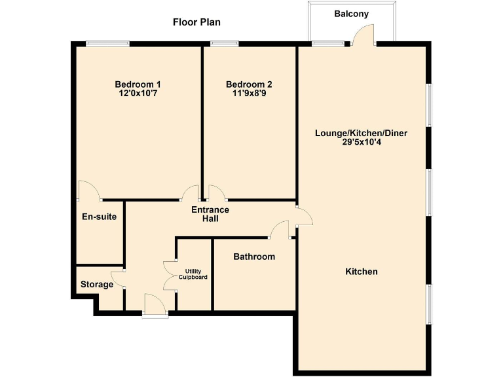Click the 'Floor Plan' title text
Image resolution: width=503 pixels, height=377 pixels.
click(x=196, y=22)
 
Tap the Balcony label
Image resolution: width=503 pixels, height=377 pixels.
click(x=352, y=14)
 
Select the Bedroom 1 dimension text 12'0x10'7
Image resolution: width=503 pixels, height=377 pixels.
click(x=138, y=94)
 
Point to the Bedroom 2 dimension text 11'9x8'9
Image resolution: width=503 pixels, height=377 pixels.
click(x=249, y=94)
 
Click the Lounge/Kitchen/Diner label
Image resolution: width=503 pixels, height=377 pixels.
click(x=362, y=133)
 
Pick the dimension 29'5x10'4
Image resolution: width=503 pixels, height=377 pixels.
click(x=362, y=142)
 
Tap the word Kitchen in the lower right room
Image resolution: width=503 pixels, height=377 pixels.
click(x=362, y=271)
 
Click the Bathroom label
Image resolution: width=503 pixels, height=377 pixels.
click(x=254, y=257)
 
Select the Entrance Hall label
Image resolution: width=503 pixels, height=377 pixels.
click(x=210, y=214)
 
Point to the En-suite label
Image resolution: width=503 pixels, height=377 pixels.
click(x=100, y=217)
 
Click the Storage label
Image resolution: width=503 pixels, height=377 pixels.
click(x=97, y=285)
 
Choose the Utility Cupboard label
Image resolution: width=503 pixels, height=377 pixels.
click(x=193, y=274)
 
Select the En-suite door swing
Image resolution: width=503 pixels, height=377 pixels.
click(x=88, y=191)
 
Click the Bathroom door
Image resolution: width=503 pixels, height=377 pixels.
click(x=279, y=229)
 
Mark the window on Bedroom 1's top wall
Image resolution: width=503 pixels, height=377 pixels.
click(x=107, y=44)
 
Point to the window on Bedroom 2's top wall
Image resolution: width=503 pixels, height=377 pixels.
click(x=224, y=44)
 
